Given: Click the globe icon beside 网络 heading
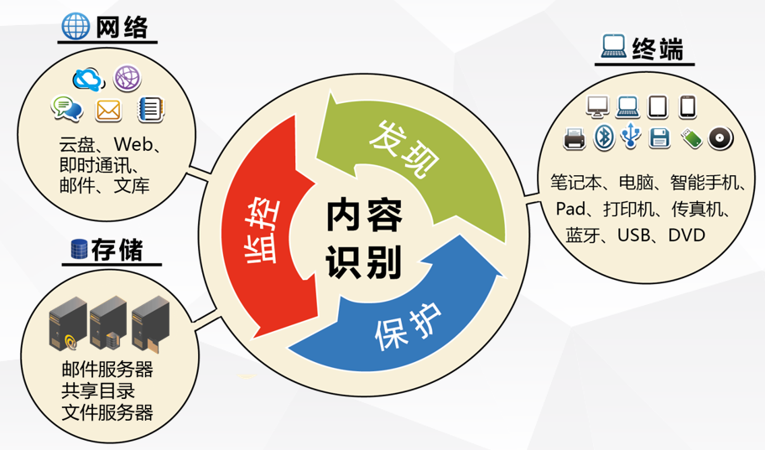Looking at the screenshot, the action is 75,26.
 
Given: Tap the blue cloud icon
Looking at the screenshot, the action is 88,80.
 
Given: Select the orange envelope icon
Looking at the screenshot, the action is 108,110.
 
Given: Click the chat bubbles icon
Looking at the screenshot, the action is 67,108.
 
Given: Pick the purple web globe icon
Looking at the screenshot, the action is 127,78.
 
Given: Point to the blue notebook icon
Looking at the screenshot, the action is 151,109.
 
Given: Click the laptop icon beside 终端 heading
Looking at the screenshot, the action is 613,46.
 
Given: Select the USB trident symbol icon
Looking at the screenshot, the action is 631,136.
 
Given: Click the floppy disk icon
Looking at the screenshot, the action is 659,137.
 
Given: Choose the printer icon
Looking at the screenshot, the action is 575,138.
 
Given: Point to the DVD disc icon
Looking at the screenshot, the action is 721,138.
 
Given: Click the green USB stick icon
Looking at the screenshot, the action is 691,138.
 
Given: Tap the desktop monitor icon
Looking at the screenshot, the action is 597,106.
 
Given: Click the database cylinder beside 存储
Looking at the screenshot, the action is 79,249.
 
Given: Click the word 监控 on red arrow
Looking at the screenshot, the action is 262,231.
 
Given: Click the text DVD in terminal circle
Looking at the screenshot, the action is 687,235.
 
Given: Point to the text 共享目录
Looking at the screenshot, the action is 98,391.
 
